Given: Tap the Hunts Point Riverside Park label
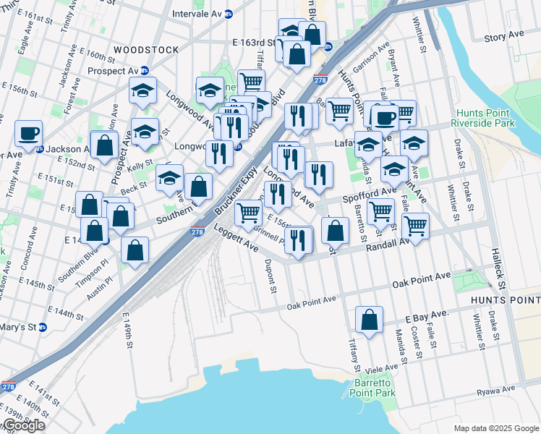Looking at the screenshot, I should click(483, 119).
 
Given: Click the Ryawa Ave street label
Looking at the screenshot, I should click(495, 389).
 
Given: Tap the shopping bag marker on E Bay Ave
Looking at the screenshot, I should click(369, 320).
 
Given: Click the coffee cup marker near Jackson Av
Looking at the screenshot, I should click(28, 135).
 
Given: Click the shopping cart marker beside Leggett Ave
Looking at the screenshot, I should click(248, 213).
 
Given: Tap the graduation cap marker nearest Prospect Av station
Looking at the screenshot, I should click(143, 92).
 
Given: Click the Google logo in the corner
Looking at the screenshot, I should click(24, 425).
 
